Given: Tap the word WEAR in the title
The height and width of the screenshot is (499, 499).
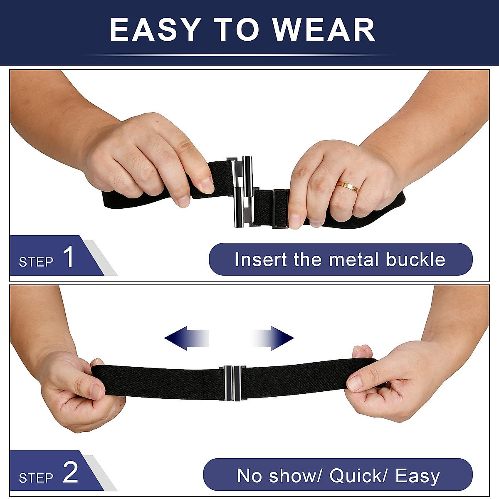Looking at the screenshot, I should click(x=324, y=30).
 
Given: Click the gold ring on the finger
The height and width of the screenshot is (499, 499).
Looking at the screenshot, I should click(x=348, y=187).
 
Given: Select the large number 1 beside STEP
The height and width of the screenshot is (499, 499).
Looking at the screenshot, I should click(x=68, y=257).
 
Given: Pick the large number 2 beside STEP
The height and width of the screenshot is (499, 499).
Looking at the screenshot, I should click(x=70, y=472).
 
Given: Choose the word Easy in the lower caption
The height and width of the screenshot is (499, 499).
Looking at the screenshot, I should click(x=417, y=476).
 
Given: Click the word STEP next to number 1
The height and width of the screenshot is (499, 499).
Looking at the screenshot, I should click(x=36, y=262).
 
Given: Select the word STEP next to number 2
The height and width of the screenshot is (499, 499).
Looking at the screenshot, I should click(x=36, y=478).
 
